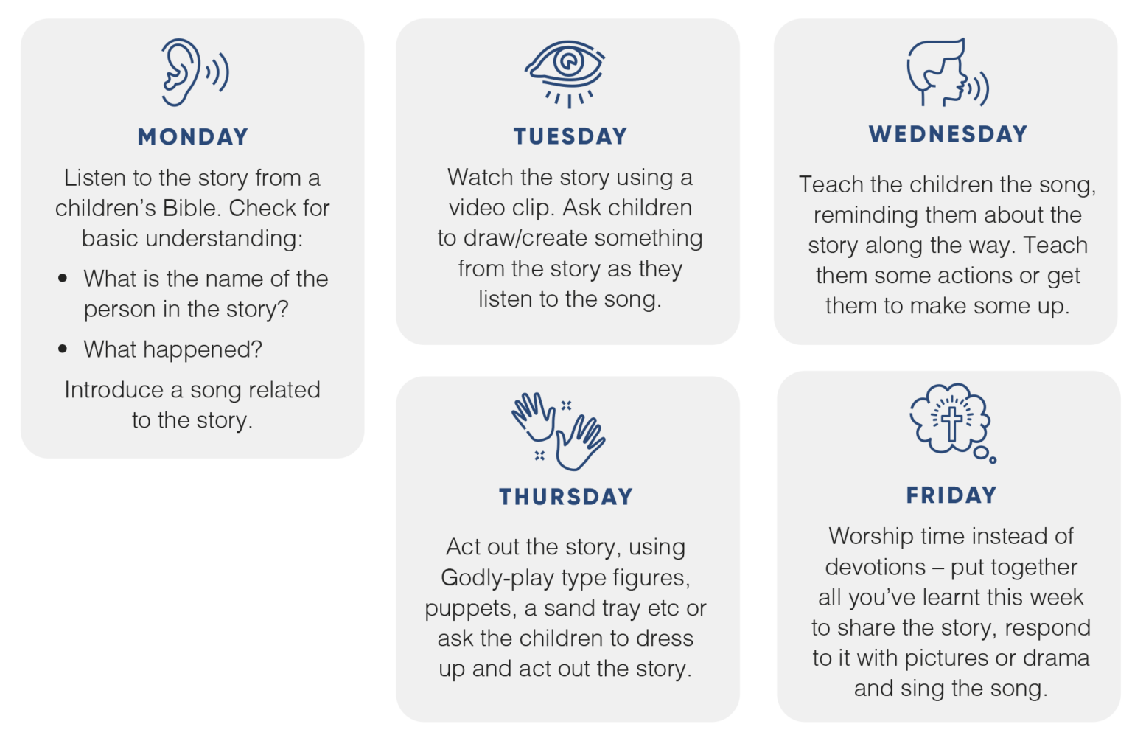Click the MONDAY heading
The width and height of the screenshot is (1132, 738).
coord(193,137)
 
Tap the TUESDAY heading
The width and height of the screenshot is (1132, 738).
coord(570,136)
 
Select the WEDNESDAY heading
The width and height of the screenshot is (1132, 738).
coord(948,134)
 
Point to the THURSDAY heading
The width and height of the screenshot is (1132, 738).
coord(566,497)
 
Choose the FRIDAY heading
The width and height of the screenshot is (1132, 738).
coord(951,495)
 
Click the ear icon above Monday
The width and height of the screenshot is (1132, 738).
coord(195,72)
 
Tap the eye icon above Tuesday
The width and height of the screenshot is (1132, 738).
coord(565,74)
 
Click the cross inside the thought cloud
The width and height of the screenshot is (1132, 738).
coord(951,424)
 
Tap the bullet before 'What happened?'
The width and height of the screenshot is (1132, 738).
coord(63,349)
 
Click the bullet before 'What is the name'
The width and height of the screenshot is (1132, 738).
coord(63,278)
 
